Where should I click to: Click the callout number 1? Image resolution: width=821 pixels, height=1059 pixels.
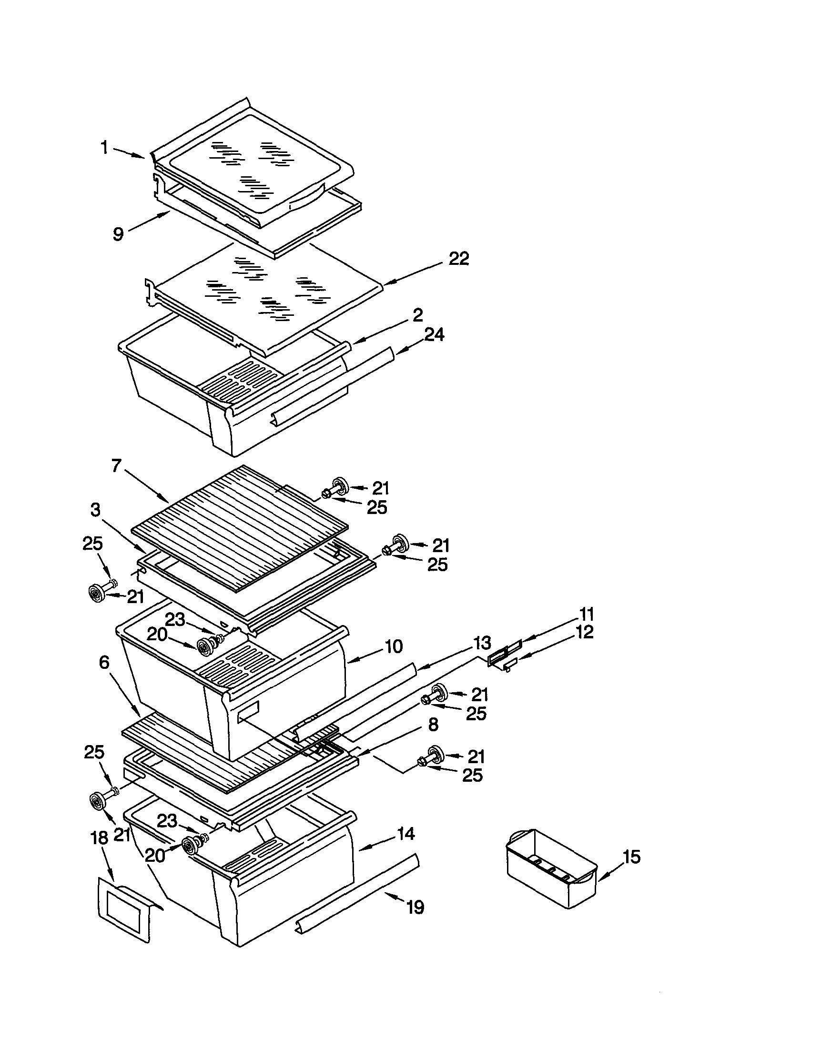coord(104,147)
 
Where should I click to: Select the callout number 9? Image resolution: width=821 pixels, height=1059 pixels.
coord(118,234)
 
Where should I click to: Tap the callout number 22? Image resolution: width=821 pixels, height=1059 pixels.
coord(458,259)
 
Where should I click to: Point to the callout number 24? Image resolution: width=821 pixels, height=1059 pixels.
coord(434,334)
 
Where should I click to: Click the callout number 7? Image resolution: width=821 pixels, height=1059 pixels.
coord(115,466)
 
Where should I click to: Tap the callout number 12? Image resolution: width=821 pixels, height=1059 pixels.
coord(585,632)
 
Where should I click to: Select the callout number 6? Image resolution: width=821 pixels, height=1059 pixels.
coord(104,662)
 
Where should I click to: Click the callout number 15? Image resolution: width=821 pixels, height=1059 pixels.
coord(632,857)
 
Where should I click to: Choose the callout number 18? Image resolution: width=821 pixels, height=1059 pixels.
coord(100,838)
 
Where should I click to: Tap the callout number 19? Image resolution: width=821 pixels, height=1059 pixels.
coord(416,907)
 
